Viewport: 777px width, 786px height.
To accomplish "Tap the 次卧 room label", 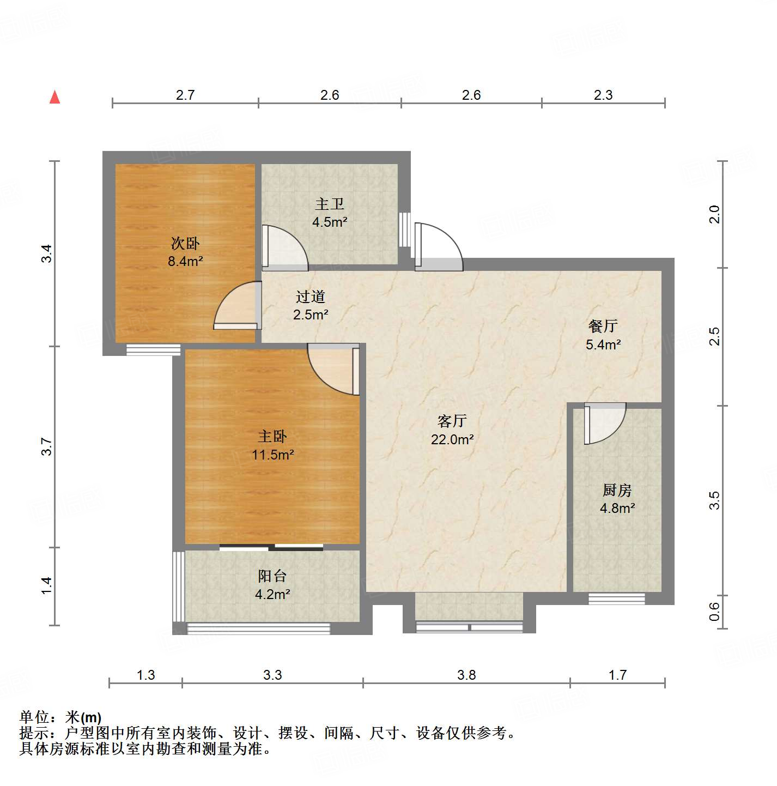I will [185, 243].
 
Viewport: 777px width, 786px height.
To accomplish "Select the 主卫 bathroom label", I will [330, 204].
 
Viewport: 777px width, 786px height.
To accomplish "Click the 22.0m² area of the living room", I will [452, 439].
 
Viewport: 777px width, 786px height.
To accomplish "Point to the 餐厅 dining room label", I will [603, 326].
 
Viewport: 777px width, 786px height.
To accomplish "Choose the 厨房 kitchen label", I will [617, 490].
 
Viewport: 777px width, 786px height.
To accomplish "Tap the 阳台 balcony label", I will [272, 576].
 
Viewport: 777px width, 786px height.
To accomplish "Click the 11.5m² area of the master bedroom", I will [272, 455].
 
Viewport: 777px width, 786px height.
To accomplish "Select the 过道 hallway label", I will [311, 297].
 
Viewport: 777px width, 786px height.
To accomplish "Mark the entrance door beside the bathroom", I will [439, 246].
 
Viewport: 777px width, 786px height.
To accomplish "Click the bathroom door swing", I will [285, 247].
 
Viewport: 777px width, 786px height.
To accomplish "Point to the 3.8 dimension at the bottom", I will [466, 675].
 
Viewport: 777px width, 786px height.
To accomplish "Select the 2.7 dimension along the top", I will [185, 95].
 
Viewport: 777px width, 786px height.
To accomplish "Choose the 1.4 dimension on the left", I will [47, 585].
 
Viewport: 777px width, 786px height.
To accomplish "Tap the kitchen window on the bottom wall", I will [616, 598].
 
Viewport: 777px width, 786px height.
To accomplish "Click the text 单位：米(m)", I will [60, 717].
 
